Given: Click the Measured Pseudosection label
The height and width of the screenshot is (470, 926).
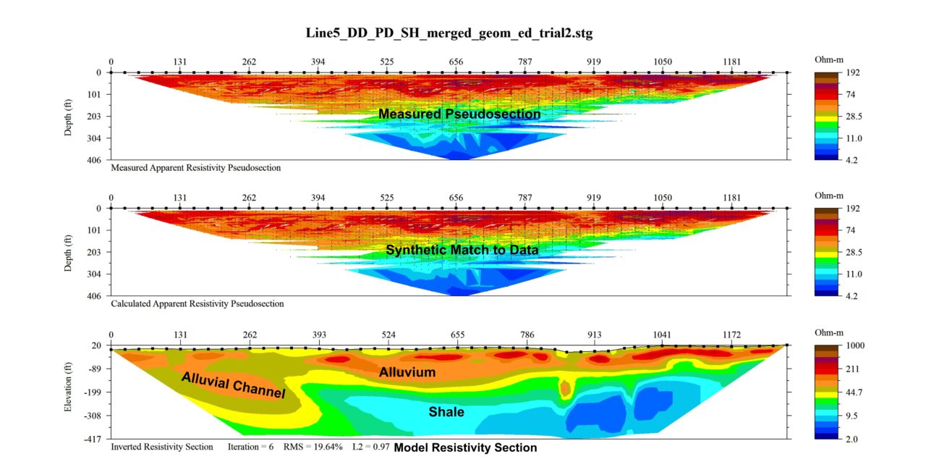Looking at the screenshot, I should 459,114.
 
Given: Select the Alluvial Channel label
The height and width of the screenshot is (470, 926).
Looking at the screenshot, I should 233,386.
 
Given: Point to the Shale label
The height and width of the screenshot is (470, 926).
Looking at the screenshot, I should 446,412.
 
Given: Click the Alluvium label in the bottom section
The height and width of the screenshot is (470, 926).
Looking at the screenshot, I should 407,372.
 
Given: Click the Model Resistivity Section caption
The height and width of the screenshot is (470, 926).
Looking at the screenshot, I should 465,448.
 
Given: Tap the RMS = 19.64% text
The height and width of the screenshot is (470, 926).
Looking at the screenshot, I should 312,447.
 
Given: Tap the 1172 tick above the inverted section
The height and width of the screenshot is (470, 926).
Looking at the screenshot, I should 731,335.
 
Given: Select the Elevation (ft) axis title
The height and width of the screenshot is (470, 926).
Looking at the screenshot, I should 68,392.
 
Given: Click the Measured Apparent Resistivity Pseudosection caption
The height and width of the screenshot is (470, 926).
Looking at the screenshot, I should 195,168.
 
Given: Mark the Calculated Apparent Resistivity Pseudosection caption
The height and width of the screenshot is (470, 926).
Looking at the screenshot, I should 197,304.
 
